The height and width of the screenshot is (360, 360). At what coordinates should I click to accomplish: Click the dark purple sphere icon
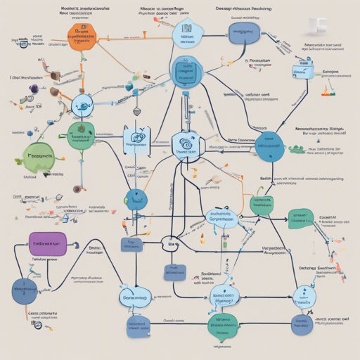[x=33, y=89]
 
